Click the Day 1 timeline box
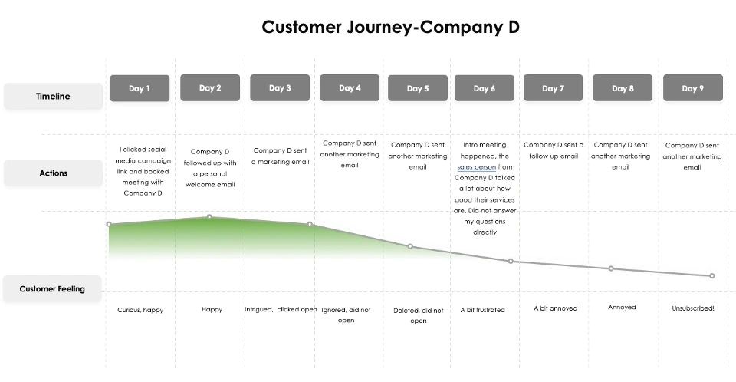(140, 88)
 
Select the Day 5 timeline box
(417, 88)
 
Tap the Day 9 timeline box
(693, 88)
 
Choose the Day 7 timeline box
(553, 88)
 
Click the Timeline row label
(53, 97)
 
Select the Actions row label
(53, 173)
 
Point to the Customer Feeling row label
(52, 289)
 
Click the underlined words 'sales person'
(476, 166)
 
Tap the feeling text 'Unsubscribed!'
(693, 308)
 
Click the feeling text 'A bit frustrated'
(482, 310)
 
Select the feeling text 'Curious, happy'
(140, 310)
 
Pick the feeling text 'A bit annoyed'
(555, 308)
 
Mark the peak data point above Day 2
(209, 216)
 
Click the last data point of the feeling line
(712, 276)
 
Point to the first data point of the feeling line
(109, 224)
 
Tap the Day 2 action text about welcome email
(210, 168)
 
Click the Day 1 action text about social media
(143, 171)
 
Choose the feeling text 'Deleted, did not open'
(419, 315)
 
